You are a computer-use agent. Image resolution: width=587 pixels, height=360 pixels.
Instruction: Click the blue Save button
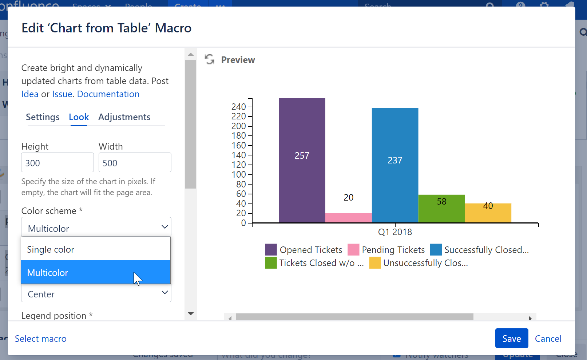tap(511, 339)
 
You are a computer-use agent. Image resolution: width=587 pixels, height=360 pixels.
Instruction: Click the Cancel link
tap(548, 339)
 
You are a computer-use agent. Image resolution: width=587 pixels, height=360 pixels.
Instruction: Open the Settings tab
tap(43, 117)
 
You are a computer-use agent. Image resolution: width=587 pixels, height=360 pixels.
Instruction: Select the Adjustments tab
tap(124, 117)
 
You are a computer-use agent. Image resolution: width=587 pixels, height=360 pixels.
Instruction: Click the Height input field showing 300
tap(57, 163)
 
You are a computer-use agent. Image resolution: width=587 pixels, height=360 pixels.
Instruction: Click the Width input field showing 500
tap(135, 163)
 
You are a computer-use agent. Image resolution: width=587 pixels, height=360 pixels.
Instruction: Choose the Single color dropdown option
tap(96, 249)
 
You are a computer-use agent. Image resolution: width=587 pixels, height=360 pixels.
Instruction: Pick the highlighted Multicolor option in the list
tap(96, 273)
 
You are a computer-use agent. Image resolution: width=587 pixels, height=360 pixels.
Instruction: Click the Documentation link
tap(108, 94)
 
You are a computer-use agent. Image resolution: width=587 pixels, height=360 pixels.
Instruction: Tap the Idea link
tap(30, 94)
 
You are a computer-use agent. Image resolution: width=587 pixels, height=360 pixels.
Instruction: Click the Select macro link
tap(41, 339)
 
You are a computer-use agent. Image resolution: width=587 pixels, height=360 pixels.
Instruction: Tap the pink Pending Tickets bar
tap(348, 218)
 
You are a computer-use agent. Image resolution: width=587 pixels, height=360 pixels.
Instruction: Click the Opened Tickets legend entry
tap(304, 250)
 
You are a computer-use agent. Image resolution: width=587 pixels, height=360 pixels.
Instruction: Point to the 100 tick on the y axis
tap(239, 174)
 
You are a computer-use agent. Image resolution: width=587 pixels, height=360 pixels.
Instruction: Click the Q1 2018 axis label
tap(395, 232)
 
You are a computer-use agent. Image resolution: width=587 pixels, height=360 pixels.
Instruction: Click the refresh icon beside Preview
tap(210, 59)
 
